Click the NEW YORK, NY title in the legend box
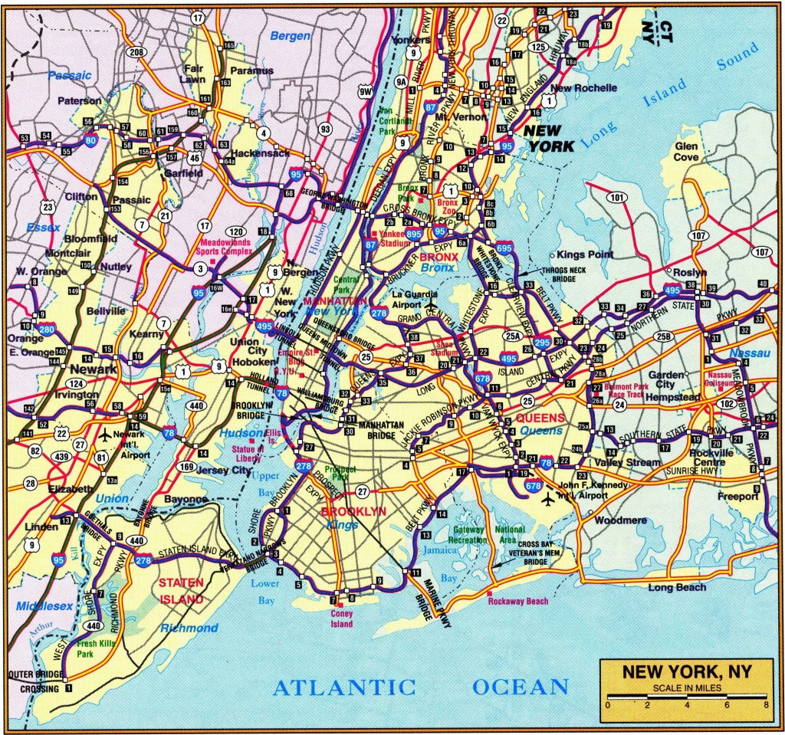pos(686,672)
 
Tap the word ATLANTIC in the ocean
pos(343,687)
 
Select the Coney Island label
pos(342,619)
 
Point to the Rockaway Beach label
pos(518,602)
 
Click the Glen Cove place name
pos(686,151)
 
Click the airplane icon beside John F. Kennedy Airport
pos(547,500)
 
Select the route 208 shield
pos(136,53)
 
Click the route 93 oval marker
pos(326,129)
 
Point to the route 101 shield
pos(616,198)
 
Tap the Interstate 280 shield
pos(45,330)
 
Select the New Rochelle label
pos(584,88)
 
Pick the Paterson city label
pos(80,100)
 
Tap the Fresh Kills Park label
pos(96,649)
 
